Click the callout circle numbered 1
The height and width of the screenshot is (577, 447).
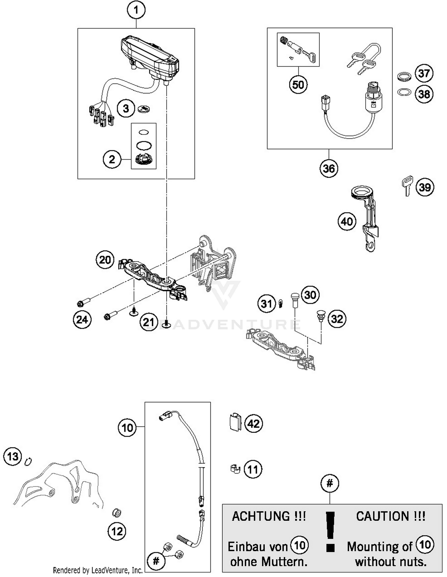pos(136,10)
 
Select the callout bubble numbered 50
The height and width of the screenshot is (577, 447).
pos(298,85)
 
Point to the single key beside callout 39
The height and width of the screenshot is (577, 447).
pos(407,185)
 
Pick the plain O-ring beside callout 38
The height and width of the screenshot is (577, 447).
pos(404,92)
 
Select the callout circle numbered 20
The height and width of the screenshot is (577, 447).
pos(105,260)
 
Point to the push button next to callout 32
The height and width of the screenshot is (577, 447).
pos(320,316)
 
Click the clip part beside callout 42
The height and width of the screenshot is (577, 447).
pos(235,422)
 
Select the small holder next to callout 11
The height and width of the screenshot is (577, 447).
pos(235,468)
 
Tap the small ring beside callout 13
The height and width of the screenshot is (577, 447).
pos(29,461)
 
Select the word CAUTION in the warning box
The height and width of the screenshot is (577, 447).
pos(382,516)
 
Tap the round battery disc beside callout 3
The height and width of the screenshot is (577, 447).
pos(144,109)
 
